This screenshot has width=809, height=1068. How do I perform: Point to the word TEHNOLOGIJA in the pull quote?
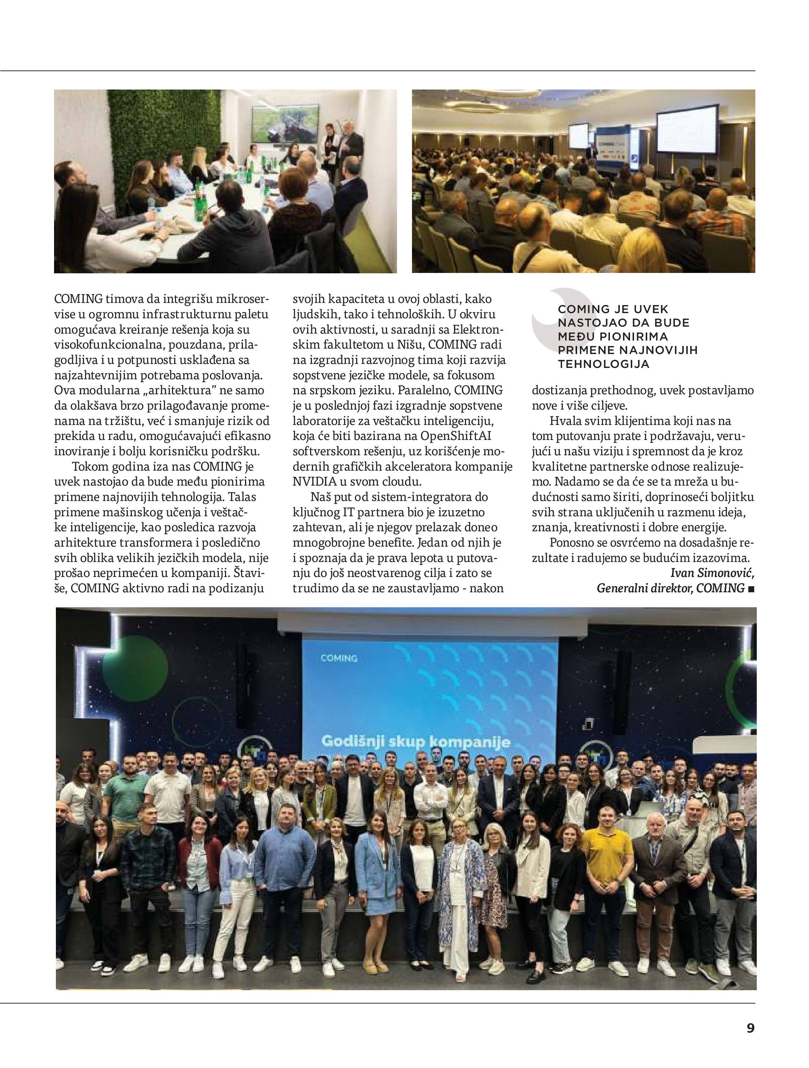click(x=603, y=364)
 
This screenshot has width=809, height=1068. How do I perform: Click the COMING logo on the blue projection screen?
click(x=339, y=658)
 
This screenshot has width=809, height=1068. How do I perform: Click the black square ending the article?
click(x=751, y=589)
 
